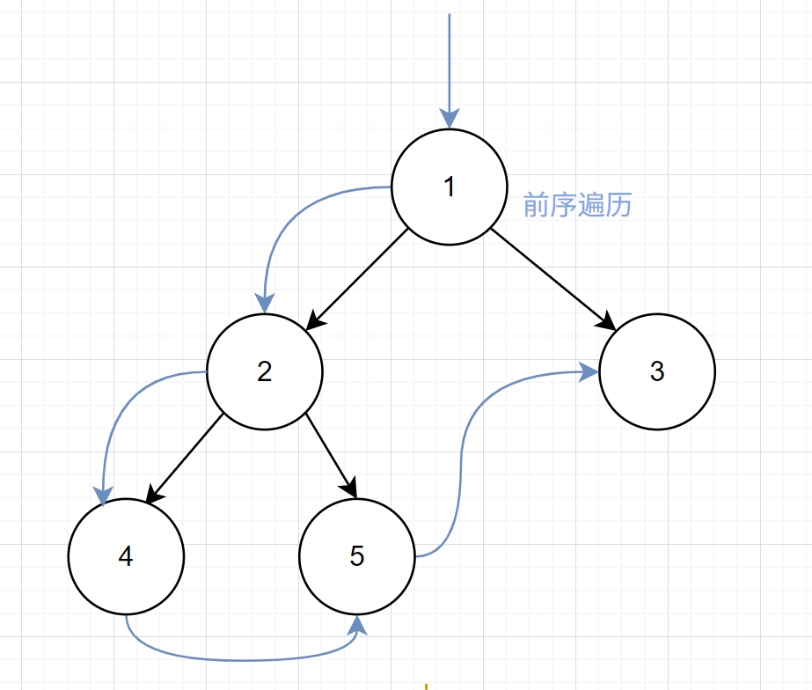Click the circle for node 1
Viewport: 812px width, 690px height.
point(450,187)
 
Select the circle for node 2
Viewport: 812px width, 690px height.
point(265,371)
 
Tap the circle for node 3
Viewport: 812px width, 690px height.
point(657,371)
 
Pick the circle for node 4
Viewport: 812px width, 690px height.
point(126,556)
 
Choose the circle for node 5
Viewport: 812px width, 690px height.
point(356,556)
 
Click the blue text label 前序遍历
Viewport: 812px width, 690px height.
point(577,206)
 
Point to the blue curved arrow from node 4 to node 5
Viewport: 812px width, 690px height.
point(238,658)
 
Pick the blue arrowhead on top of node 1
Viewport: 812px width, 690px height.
point(450,120)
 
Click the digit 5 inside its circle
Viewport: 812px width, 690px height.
point(356,556)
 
